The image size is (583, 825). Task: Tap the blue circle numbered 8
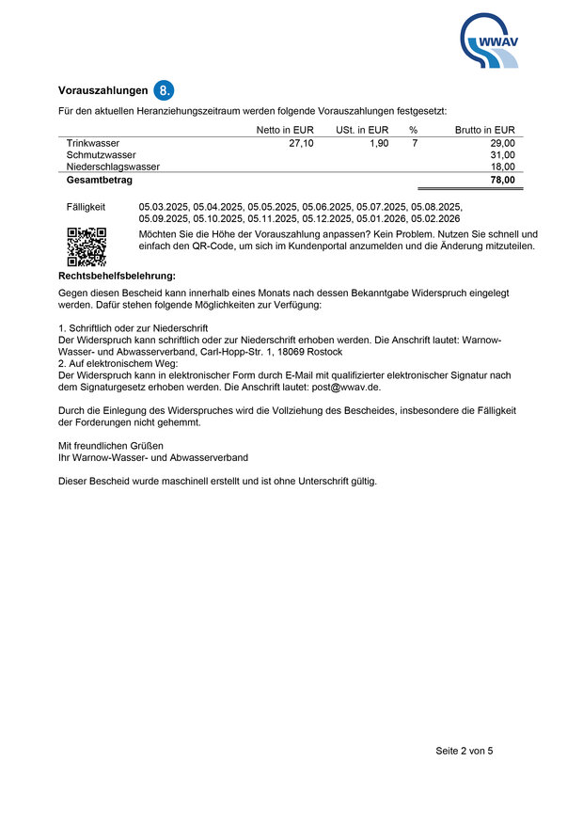(165, 90)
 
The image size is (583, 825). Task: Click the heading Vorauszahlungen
(103, 91)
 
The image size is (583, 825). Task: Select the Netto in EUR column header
(285, 130)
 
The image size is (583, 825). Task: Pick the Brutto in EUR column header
(484, 130)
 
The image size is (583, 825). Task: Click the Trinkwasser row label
(92, 143)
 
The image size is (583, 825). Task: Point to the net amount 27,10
(302, 143)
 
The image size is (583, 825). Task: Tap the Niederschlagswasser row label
(113, 167)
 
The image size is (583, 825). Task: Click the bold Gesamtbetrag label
(99, 180)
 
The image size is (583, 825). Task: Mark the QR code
(87, 246)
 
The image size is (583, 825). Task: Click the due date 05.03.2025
(164, 205)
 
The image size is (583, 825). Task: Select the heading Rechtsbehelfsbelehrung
(118, 276)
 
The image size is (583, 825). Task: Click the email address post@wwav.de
(347, 387)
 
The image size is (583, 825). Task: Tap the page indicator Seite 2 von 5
(464, 751)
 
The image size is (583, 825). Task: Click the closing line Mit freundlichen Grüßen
(111, 445)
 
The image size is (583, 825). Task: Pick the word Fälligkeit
(87, 205)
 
